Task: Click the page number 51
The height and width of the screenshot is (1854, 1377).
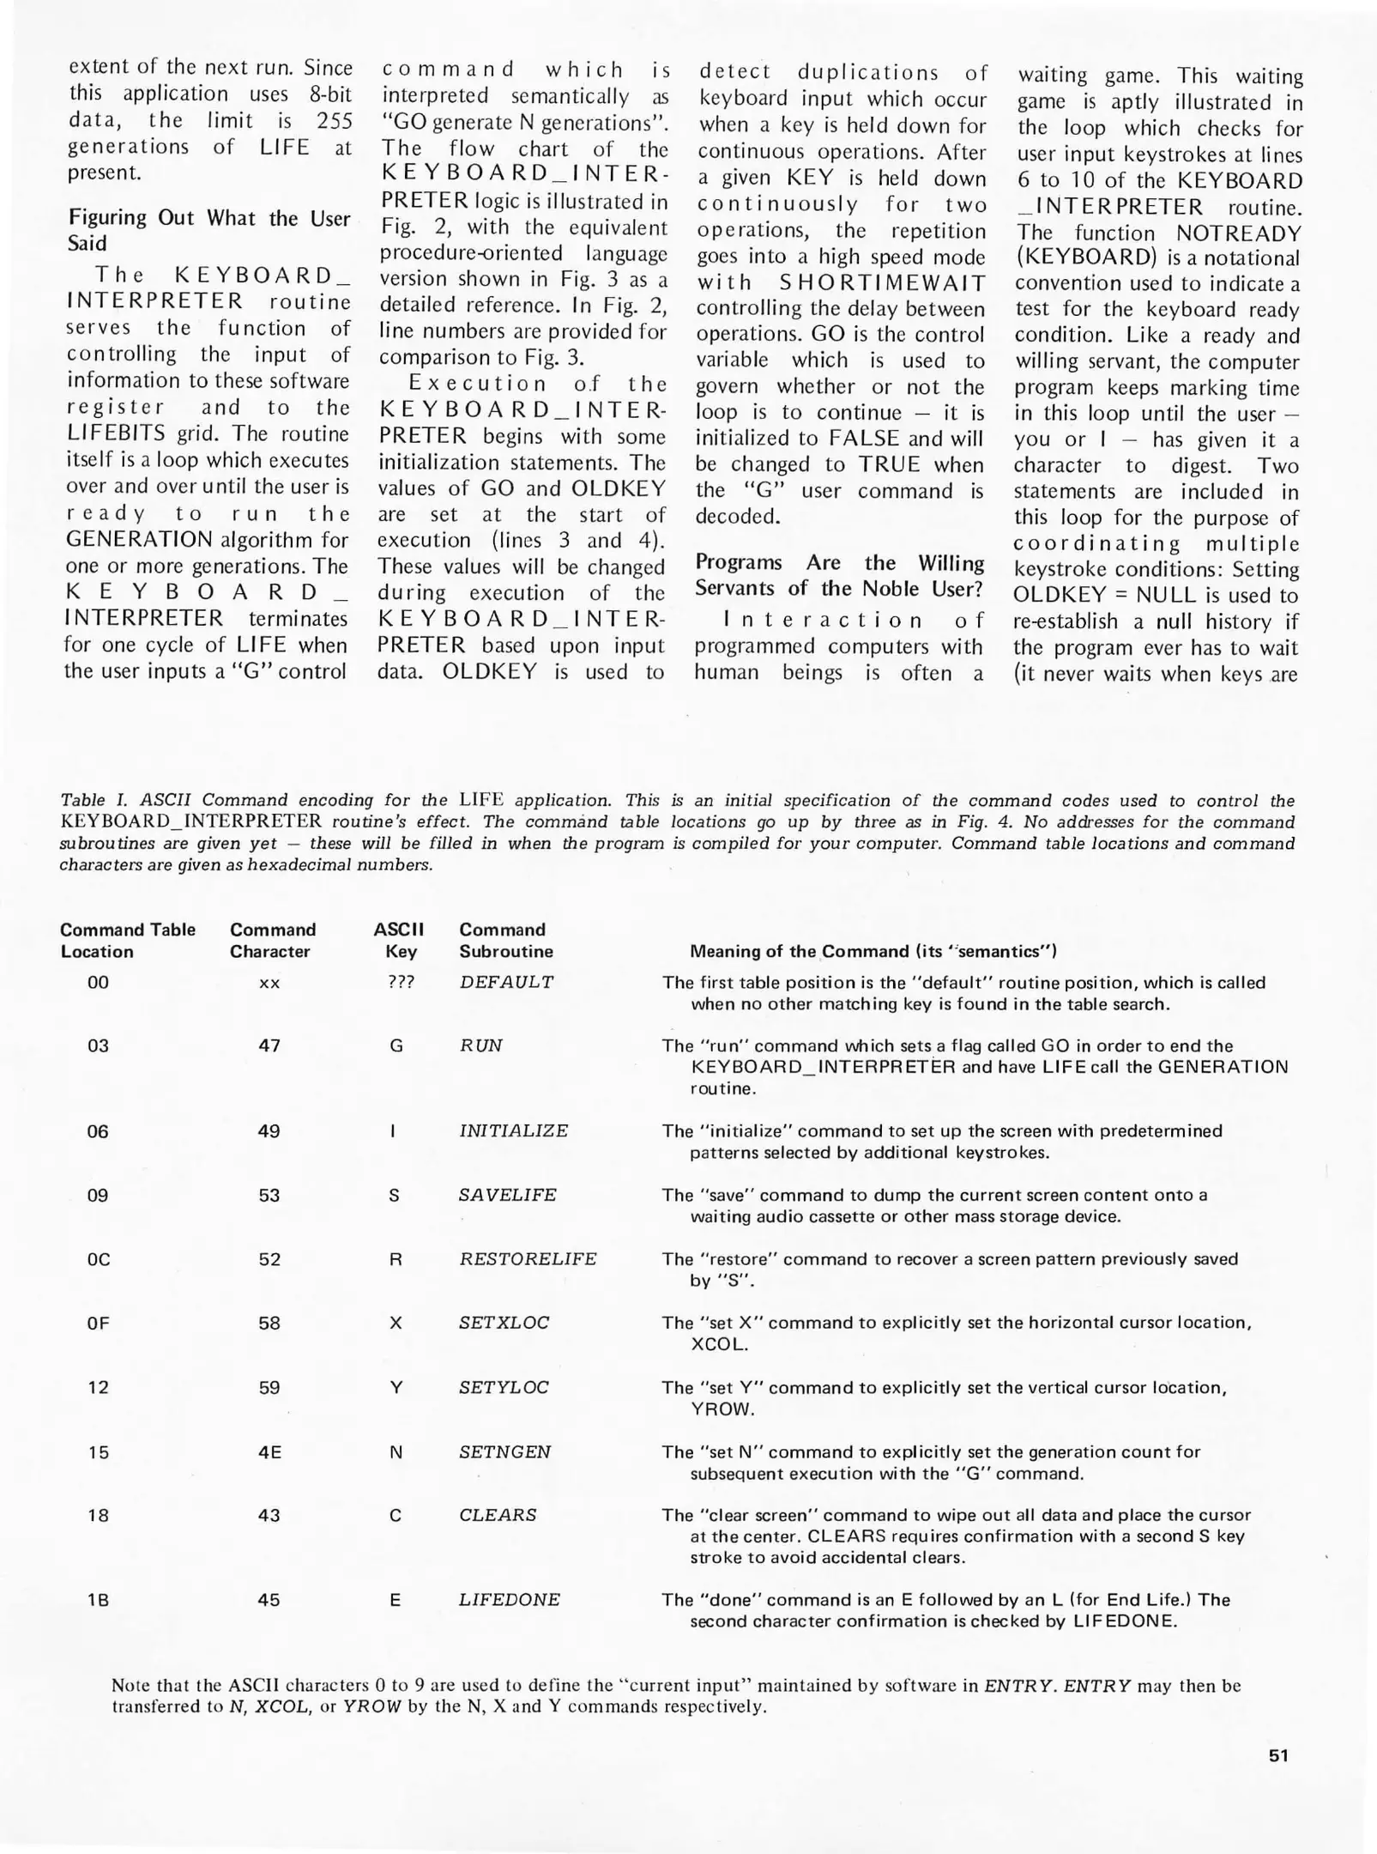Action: (1277, 1755)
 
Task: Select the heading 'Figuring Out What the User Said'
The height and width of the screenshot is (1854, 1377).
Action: (208, 230)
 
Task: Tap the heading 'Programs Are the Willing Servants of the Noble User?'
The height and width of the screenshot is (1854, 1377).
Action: (839, 575)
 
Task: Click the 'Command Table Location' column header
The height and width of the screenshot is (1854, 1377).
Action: (127, 940)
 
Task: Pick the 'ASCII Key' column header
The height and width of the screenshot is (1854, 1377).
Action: (399, 940)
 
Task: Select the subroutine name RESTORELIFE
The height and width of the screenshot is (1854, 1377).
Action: (528, 1259)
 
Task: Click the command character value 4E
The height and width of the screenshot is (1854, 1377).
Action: (269, 1452)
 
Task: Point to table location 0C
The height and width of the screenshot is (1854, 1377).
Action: (98, 1259)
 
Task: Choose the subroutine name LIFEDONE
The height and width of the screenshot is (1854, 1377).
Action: (509, 1600)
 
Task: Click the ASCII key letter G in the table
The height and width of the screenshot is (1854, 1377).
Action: (396, 1045)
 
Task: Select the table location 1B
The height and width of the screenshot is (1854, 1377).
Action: (98, 1600)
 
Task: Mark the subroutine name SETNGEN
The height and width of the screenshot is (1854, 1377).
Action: (504, 1452)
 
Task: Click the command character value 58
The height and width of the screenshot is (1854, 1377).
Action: (269, 1323)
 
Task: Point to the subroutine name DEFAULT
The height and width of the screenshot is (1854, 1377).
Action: (506, 982)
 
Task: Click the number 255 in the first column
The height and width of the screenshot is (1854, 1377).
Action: (334, 121)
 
